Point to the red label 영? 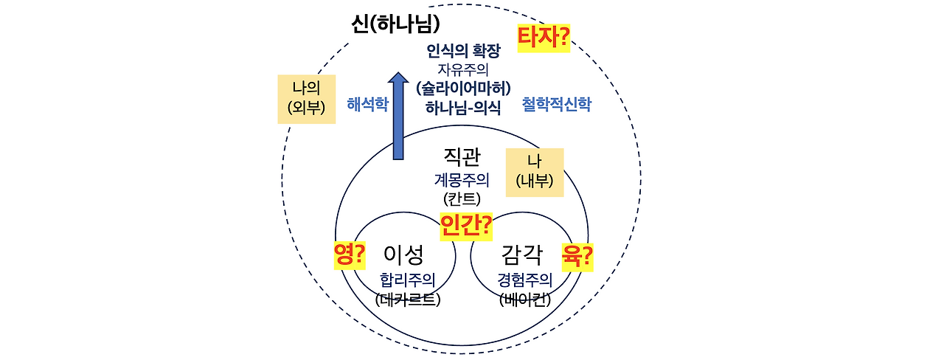(350, 255)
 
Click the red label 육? (577, 255)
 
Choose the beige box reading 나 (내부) (535, 173)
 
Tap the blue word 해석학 (367, 104)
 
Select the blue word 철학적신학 (556, 104)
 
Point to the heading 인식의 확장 (463, 51)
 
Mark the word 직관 (462, 156)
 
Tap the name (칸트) (462, 198)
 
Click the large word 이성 (404, 255)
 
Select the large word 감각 (521, 255)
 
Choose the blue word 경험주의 (525, 280)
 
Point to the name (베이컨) (525, 300)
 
